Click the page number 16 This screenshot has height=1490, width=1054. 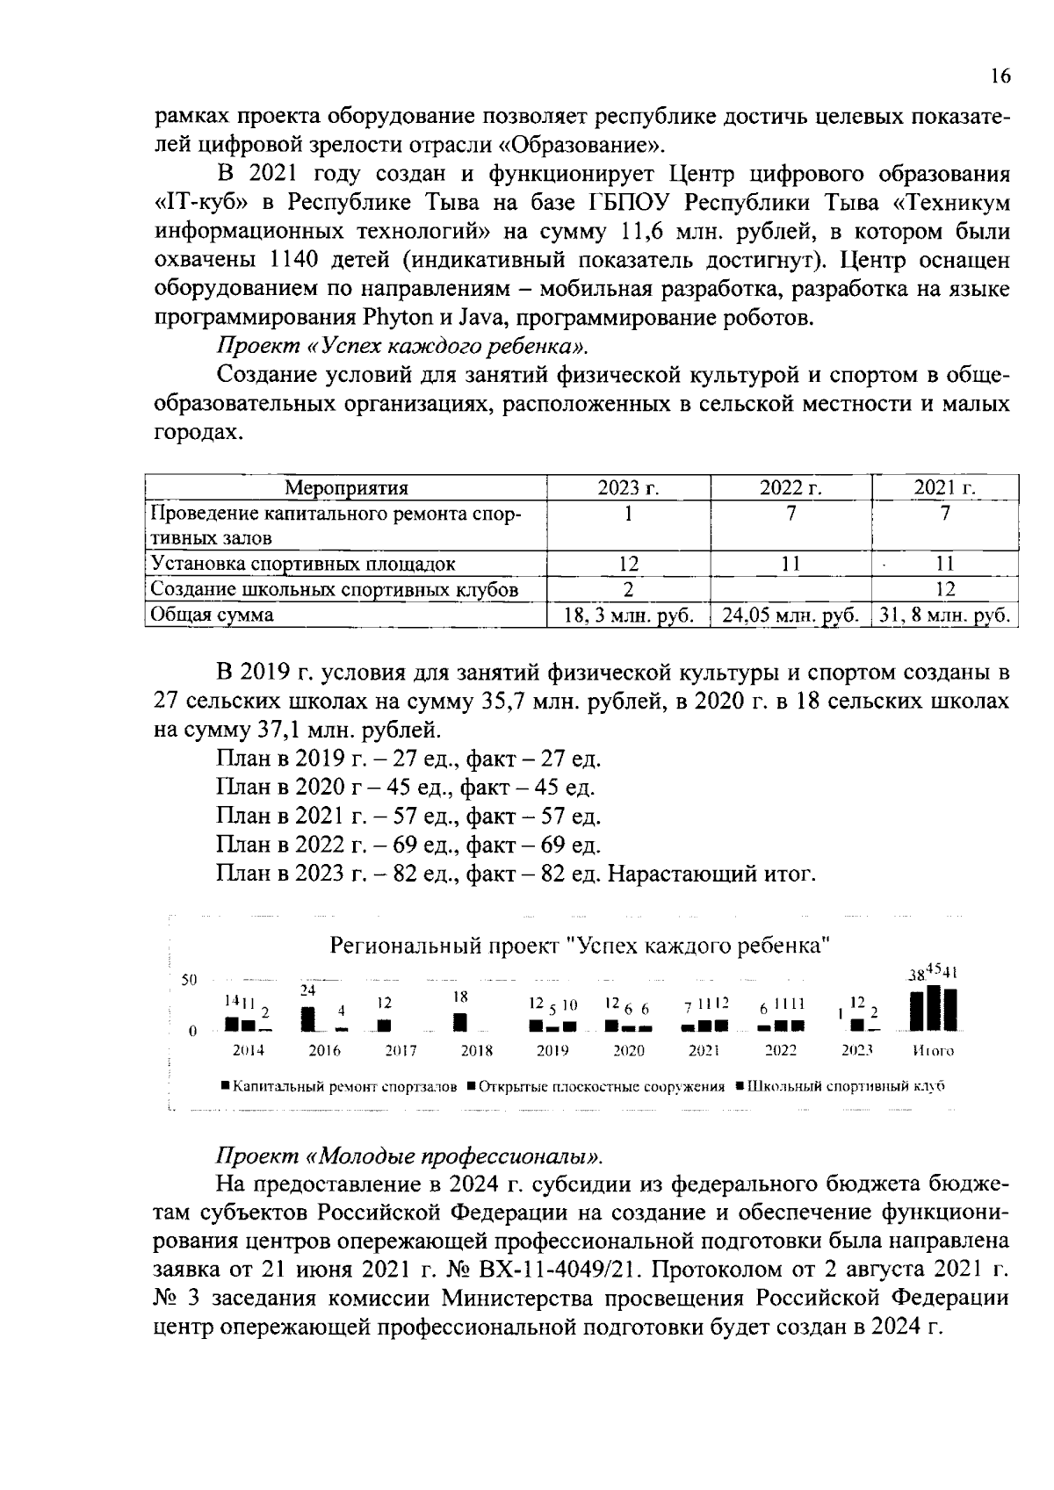tap(1000, 76)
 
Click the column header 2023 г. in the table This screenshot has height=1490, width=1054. tap(628, 488)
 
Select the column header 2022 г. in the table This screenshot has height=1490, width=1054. tap(790, 488)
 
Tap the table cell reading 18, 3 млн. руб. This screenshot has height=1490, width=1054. tap(628, 615)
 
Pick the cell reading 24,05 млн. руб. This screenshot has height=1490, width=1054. tap(790, 615)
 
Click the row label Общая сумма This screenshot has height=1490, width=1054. tap(212, 615)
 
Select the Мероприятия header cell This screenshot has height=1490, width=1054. tap(347, 488)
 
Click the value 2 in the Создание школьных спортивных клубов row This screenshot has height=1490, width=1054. tap(628, 589)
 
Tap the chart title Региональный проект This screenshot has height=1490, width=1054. tap(580, 946)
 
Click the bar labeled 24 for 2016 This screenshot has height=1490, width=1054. tap(307, 1019)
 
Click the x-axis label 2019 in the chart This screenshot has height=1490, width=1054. tap(552, 1050)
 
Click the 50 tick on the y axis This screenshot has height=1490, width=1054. tap(189, 980)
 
